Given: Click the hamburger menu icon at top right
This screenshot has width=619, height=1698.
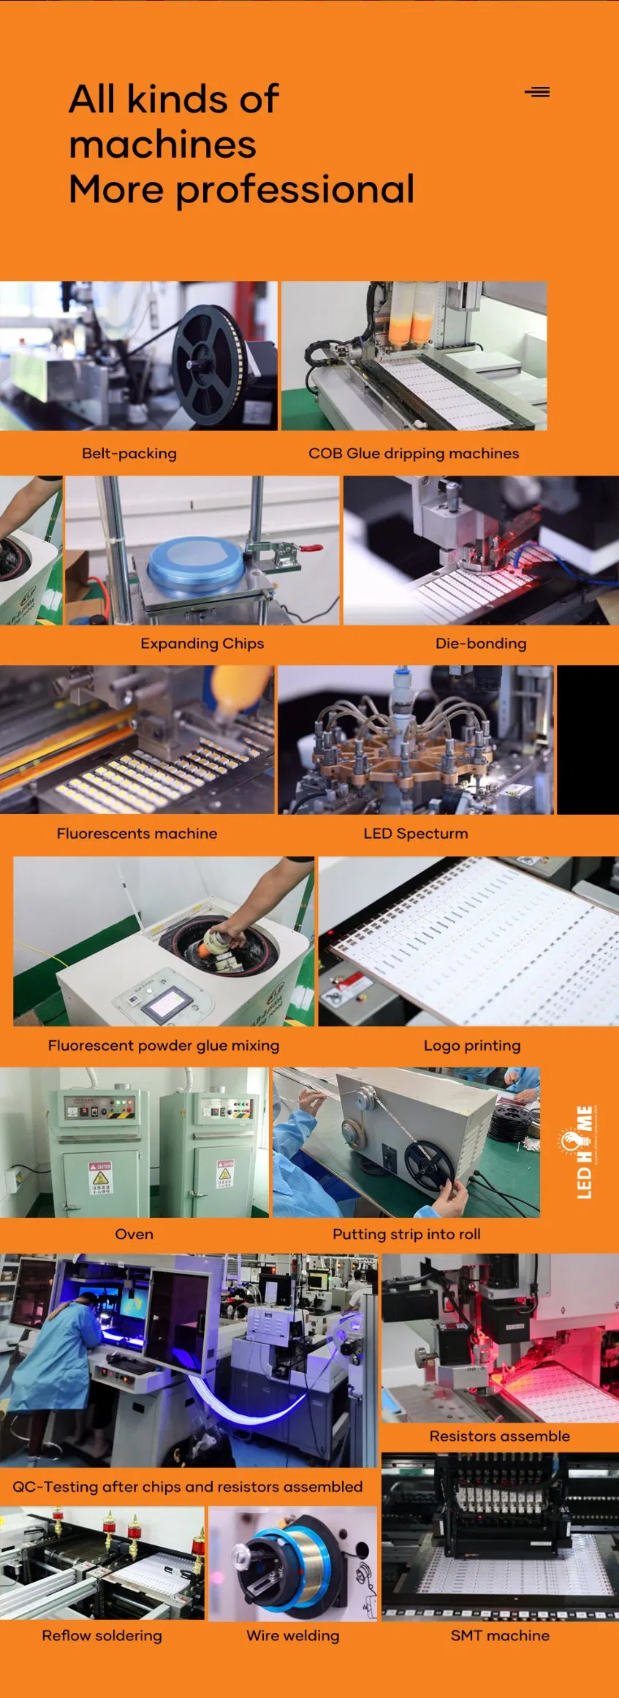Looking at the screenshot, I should [x=537, y=92].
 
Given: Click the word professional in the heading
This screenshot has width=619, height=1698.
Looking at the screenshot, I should [x=295, y=190].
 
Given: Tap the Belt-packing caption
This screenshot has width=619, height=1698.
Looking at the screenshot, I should [x=129, y=453].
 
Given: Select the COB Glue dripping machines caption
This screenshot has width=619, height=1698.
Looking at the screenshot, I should [x=414, y=453].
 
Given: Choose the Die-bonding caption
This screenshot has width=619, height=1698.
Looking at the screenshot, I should [x=481, y=643].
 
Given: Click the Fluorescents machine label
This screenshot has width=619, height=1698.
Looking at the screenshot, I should [x=137, y=833].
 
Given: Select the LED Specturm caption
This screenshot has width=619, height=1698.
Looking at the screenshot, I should [x=415, y=833].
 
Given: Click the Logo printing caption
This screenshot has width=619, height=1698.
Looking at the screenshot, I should [x=472, y=1045].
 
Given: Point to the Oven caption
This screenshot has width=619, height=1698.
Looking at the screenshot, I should [x=134, y=1234].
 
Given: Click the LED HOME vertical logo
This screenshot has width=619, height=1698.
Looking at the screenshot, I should [x=584, y=1151].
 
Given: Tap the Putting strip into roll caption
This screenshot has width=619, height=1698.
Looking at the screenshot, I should [x=406, y=1234].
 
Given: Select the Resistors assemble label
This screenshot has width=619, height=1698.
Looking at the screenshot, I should [x=499, y=1436].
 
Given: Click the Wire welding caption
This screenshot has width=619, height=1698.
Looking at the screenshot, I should [x=292, y=1635].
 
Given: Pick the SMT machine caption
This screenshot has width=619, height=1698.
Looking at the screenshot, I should [x=500, y=1635].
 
